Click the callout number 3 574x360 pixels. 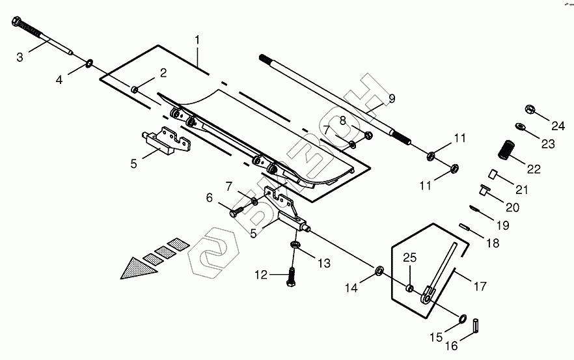tap(20, 57)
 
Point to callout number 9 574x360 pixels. tap(392, 98)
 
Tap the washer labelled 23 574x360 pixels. tap(520, 126)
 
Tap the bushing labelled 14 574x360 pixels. tap(379, 270)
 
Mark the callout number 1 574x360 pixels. tap(198, 40)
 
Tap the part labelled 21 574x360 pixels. tap(494, 174)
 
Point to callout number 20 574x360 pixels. tap(512, 207)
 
